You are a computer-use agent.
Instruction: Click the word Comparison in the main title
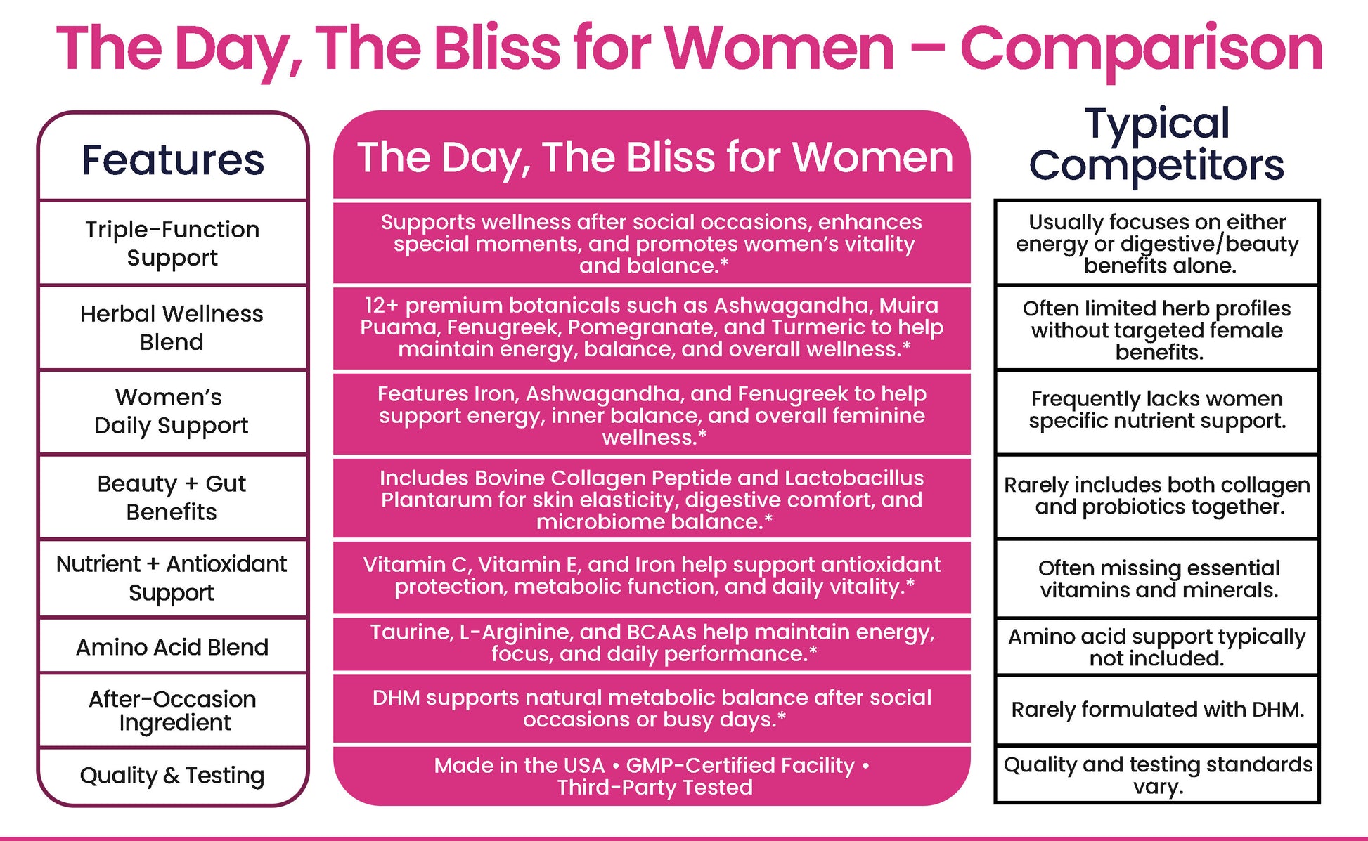[x=1141, y=49]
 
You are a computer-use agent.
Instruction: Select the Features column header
[x=173, y=160]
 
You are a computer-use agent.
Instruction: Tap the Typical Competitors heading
[x=1157, y=145]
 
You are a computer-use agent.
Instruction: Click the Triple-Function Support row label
[x=172, y=243]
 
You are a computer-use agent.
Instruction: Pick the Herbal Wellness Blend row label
[x=172, y=327]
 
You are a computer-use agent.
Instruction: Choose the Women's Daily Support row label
[x=172, y=412]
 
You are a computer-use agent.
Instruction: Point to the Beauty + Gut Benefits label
[x=172, y=497]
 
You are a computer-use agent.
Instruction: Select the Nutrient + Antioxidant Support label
[x=172, y=578]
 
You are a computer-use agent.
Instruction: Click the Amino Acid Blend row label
[x=172, y=646]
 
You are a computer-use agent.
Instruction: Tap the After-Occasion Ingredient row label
[x=173, y=711]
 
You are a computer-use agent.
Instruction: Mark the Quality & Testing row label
[x=172, y=776]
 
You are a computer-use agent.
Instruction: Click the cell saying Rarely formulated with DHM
[x=1158, y=710]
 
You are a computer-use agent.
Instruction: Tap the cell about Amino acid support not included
[x=1157, y=647]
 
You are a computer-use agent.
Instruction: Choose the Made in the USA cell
[x=652, y=776]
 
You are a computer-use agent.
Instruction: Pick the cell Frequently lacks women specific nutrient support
[x=1157, y=410]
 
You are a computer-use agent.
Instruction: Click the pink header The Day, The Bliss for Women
[x=655, y=157]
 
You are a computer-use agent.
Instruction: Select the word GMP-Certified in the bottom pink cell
[x=740, y=766]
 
